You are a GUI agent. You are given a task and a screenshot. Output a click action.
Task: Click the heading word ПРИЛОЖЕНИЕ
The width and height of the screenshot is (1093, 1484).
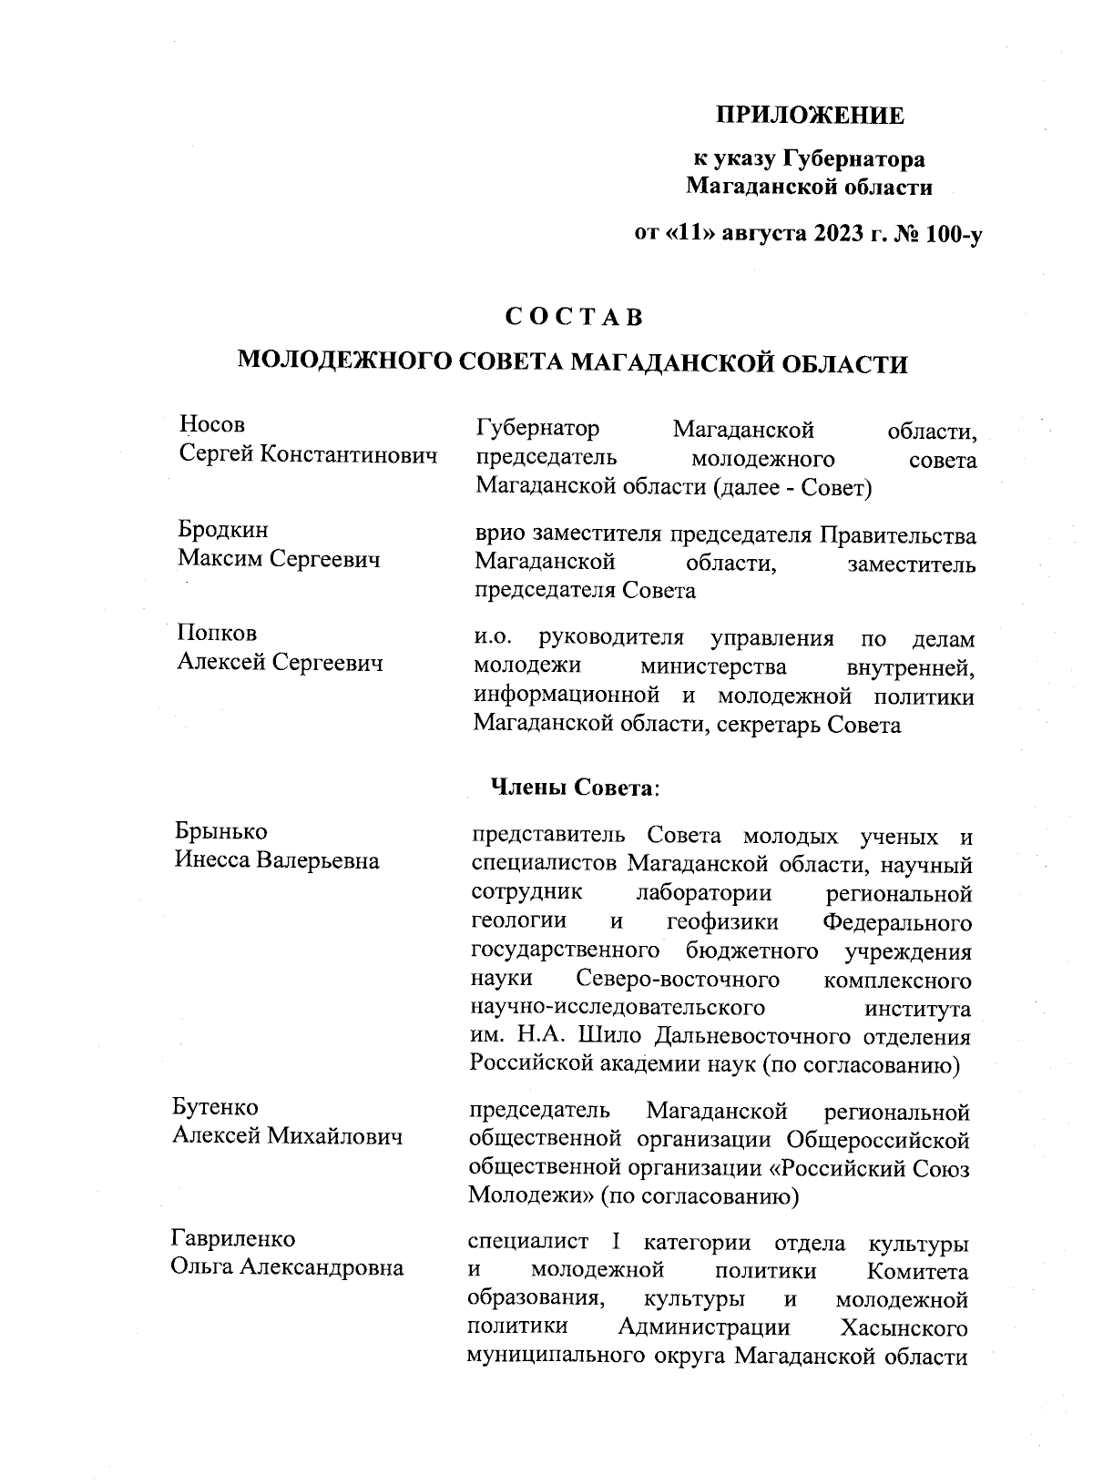pyautogui.click(x=809, y=116)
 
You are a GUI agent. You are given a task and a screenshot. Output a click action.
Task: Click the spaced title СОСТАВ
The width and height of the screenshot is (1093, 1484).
pyautogui.click(x=574, y=317)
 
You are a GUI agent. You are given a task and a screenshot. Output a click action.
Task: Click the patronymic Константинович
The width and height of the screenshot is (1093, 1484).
pyautogui.click(x=352, y=453)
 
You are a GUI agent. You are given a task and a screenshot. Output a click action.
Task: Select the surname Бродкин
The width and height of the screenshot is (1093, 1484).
pyautogui.click(x=222, y=530)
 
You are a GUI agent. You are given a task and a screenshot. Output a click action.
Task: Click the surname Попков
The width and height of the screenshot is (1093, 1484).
pyautogui.click(x=217, y=633)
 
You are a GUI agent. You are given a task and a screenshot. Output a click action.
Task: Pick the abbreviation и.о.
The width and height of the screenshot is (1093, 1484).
pyautogui.click(x=496, y=638)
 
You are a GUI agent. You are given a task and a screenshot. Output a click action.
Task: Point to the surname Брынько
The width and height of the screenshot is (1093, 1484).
pyautogui.click(x=220, y=831)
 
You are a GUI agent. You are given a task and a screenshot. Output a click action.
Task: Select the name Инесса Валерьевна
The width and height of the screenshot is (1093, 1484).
pyautogui.click(x=277, y=859)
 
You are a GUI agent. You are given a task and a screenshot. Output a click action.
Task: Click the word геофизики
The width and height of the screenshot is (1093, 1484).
pyautogui.click(x=722, y=921)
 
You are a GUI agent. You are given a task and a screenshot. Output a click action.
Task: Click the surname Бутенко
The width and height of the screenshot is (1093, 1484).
pyautogui.click(x=215, y=1107)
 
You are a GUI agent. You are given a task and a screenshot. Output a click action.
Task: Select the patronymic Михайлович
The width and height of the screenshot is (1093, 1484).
pyautogui.click(x=335, y=1136)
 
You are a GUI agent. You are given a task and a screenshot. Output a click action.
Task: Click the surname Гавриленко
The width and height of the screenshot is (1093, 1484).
pyautogui.click(x=233, y=1239)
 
